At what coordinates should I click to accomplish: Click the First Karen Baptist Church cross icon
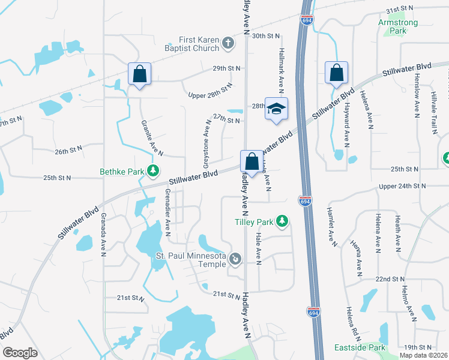coord(228,43)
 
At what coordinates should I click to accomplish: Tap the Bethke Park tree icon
coord(154,171)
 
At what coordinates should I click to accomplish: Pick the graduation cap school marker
coord(276,109)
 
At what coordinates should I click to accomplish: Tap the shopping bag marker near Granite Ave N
coord(139,74)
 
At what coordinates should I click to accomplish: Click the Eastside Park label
coord(360,347)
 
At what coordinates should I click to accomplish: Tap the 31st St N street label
coord(400,11)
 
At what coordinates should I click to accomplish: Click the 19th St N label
coord(418,347)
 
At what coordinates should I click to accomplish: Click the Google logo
coord(20,353)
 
